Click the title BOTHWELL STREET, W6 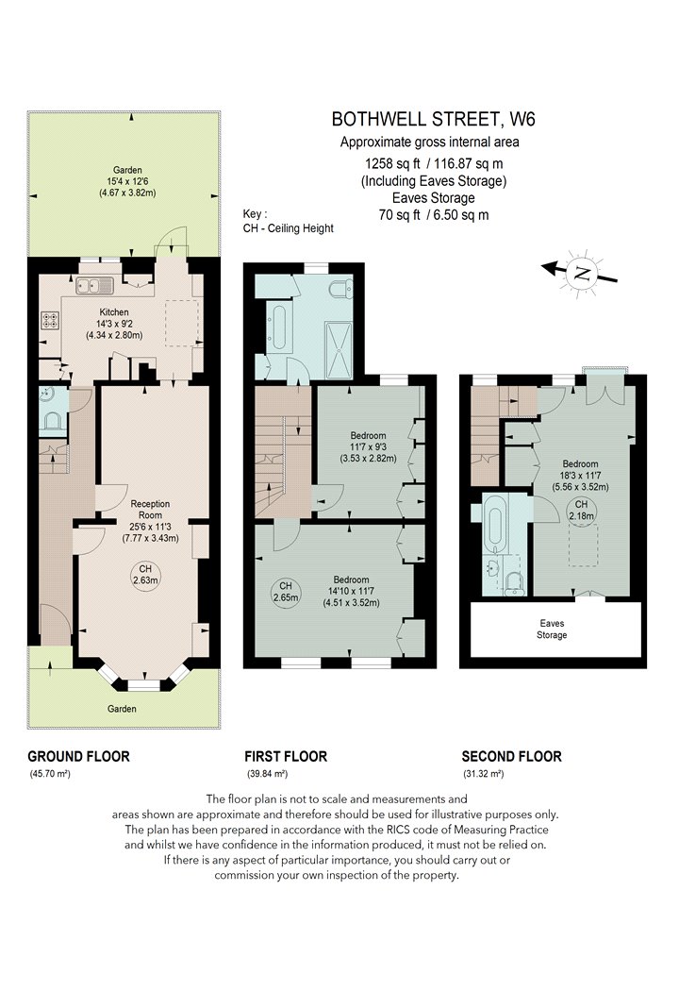[x=433, y=119]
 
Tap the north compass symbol [x=581, y=273]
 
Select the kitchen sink [x=94, y=286]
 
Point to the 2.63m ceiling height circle [x=145, y=575]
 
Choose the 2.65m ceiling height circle [x=286, y=592]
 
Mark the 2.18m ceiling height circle [x=581, y=510]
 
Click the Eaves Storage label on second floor [x=552, y=629]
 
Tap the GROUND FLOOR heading [x=79, y=756]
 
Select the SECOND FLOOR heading [x=512, y=756]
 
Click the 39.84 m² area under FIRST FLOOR [x=268, y=774]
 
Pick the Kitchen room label [x=114, y=312]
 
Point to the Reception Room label [x=150, y=510]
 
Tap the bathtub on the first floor [x=278, y=328]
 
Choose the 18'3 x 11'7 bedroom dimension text [x=581, y=476]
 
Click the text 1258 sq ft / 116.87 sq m [x=433, y=163]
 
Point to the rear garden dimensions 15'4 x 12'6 [x=127, y=181]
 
